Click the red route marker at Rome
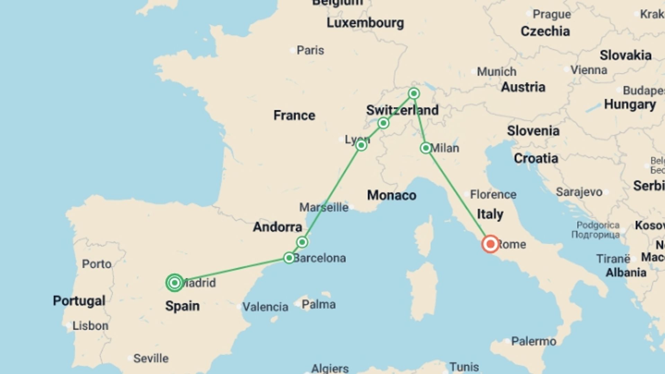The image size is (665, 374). tap(490, 244)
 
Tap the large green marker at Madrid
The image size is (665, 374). tap(175, 283)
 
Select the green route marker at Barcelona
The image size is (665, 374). tap(289, 258)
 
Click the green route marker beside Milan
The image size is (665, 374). tap(426, 148)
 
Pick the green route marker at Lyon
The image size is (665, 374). tap(361, 145)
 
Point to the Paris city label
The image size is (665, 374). tap(310, 51)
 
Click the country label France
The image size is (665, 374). tap(294, 115)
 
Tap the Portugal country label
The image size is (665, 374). tap(79, 301)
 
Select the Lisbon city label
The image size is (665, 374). tap(90, 326)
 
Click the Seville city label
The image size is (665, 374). tap(151, 358)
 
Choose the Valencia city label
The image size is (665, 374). tap(265, 307)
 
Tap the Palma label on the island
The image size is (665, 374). tap(319, 305)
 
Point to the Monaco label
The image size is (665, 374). tap(392, 195)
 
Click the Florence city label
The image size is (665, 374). tap(493, 195)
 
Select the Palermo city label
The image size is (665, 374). tap(534, 341)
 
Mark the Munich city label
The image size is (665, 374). tap(497, 72)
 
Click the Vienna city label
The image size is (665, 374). tap(589, 70)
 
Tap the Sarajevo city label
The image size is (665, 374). tap(579, 192)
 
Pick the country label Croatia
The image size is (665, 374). tap(536, 159)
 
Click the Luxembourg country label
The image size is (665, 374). tap(365, 23)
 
